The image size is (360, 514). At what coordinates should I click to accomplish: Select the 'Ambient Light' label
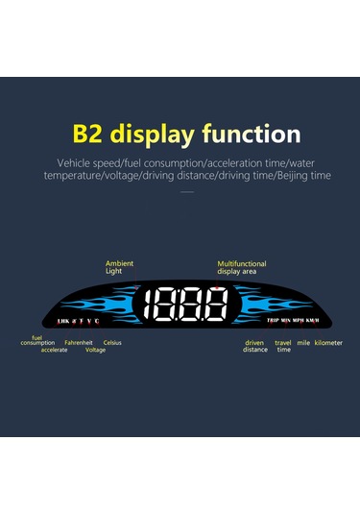(x=119, y=267)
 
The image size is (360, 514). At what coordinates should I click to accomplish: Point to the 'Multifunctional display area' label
(x=241, y=267)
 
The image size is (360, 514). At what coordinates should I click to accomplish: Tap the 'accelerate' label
(x=54, y=350)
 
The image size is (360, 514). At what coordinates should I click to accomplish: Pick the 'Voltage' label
(x=96, y=350)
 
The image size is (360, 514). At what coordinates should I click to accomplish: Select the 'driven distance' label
(x=254, y=346)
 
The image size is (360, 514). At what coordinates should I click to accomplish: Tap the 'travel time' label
(x=283, y=346)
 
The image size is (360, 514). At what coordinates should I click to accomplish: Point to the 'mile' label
(x=303, y=343)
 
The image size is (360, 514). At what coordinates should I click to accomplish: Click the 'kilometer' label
(x=328, y=343)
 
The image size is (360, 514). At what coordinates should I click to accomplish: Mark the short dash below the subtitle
(x=186, y=192)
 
